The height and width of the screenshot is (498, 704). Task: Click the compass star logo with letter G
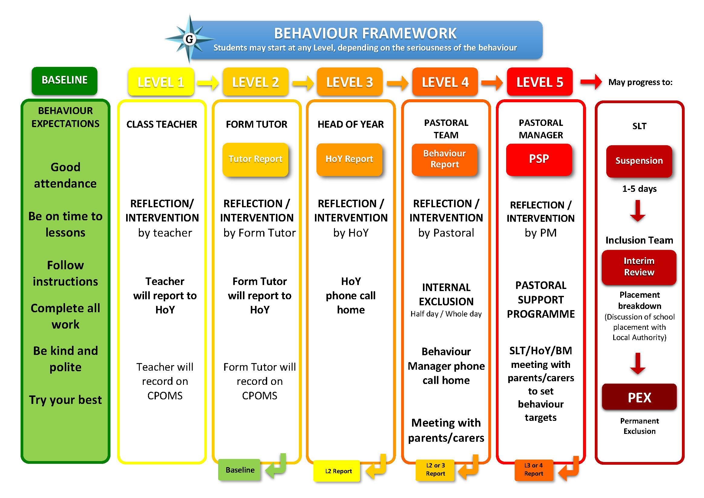[190, 39]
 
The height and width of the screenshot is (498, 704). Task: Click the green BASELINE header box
[64, 81]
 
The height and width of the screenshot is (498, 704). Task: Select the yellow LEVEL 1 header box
[161, 82]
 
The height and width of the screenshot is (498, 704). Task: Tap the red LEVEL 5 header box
[540, 82]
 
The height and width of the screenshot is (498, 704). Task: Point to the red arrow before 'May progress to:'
[591, 82]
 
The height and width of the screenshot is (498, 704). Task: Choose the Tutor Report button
[255, 159]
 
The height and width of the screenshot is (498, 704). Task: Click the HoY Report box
[349, 159]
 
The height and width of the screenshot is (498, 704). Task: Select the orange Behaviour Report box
[445, 159]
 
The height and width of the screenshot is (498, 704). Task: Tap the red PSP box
[539, 159]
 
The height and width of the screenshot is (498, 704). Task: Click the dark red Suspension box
[639, 161]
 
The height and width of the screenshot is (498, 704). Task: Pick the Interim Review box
[639, 267]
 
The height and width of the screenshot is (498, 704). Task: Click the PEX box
[639, 397]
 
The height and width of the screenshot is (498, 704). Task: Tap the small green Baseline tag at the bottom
[240, 470]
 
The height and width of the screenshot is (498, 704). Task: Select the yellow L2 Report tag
[337, 471]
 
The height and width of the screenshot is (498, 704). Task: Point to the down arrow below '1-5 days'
[638, 211]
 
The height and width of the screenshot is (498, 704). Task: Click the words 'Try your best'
[65, 400]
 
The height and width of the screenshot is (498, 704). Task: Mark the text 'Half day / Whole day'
[446, 314]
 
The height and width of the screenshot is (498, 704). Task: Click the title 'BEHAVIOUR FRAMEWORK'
[365, 33]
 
